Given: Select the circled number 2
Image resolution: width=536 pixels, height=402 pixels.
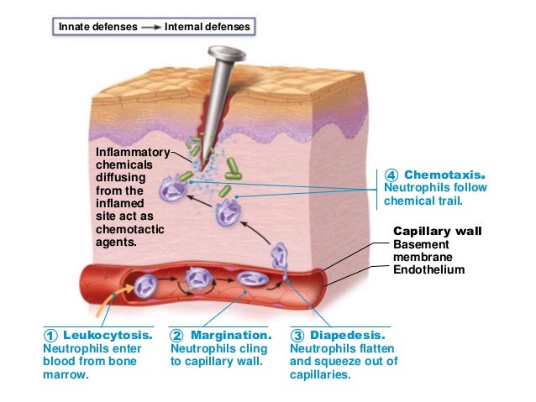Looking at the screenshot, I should pos(176,336).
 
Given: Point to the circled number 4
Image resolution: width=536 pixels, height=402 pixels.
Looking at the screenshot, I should pos(391,175).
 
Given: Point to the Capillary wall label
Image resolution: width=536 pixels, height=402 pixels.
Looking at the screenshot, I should pos(436,231).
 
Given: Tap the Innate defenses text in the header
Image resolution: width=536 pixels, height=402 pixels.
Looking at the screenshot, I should pos(97,27).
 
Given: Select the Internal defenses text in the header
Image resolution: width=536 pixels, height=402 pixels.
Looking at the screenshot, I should pos(208,27).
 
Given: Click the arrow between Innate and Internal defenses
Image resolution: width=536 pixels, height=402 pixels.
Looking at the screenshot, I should pos(151,27).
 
